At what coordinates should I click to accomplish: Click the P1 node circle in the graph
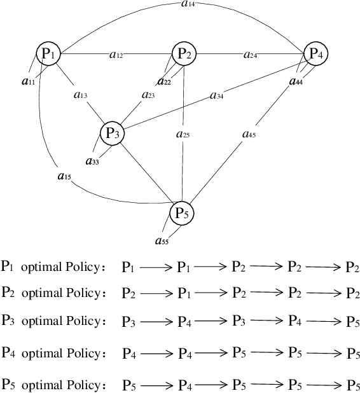48,55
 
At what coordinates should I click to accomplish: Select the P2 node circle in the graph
184,55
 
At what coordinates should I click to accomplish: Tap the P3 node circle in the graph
113,133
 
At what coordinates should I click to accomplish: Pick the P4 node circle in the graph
315,55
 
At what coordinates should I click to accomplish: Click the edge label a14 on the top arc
188,4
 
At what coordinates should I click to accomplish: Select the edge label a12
116,55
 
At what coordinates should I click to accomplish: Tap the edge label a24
251,55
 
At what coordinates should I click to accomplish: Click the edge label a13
80,95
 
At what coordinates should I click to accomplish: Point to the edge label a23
148,95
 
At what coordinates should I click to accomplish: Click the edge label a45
249,134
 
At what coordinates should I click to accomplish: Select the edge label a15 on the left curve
64,176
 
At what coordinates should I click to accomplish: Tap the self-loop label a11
28,81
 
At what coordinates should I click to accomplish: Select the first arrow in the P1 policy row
156,268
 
